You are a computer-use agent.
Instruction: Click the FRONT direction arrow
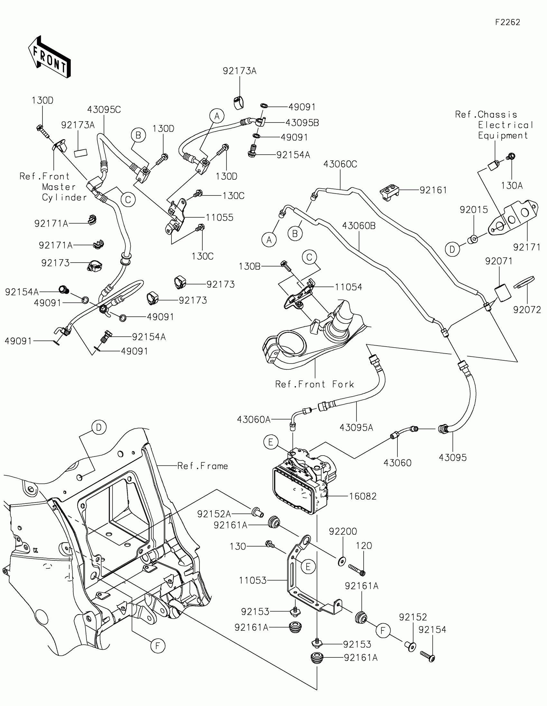[x=50, y=57]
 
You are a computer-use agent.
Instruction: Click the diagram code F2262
[x=507, y=22]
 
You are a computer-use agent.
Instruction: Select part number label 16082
[x=363, y=496]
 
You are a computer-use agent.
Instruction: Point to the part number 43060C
[x=340, y=164]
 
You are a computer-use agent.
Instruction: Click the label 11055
[x=219, y=218]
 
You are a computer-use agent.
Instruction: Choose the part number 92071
[x=498, y=261]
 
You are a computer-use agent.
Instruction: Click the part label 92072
[x=527, y=310]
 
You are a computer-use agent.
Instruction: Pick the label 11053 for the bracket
[x=253, y=581]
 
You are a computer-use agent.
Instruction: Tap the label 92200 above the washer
[x=343, y=531]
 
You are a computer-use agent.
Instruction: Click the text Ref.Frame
[x=202, y=466]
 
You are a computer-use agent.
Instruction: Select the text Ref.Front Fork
[x=314, y=384]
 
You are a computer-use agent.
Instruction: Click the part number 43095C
[x=104, y=110]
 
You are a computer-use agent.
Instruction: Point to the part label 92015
[x=474, y=210]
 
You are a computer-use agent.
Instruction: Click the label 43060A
[x=254, y=420]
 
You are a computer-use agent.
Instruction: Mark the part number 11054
[x=348, y=287]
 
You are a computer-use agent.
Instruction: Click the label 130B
[x=249, y=267]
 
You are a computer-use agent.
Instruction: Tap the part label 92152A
[x=214, y=514]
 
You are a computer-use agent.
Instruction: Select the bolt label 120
[x=364, y=546]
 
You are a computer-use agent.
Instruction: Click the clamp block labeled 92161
[x=389, y=193]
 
